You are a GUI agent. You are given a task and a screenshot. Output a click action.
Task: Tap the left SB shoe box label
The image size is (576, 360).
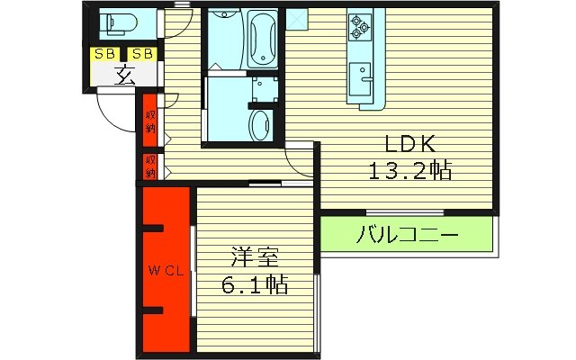point(105,54)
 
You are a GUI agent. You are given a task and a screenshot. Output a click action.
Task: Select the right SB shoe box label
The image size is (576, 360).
point(143,54)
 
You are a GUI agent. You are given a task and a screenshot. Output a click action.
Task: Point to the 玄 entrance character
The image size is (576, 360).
point(124,76)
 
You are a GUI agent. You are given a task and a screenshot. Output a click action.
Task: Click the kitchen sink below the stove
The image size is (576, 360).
point(363,76)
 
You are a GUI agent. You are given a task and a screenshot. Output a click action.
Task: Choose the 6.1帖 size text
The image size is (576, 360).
point(254,286)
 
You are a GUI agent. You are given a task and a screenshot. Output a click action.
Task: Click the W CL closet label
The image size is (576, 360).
point(166,272)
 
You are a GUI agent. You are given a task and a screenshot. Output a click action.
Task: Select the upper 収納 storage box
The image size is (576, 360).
point(150,120)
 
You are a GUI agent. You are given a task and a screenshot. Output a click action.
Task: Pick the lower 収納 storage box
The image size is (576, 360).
point(150,166)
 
